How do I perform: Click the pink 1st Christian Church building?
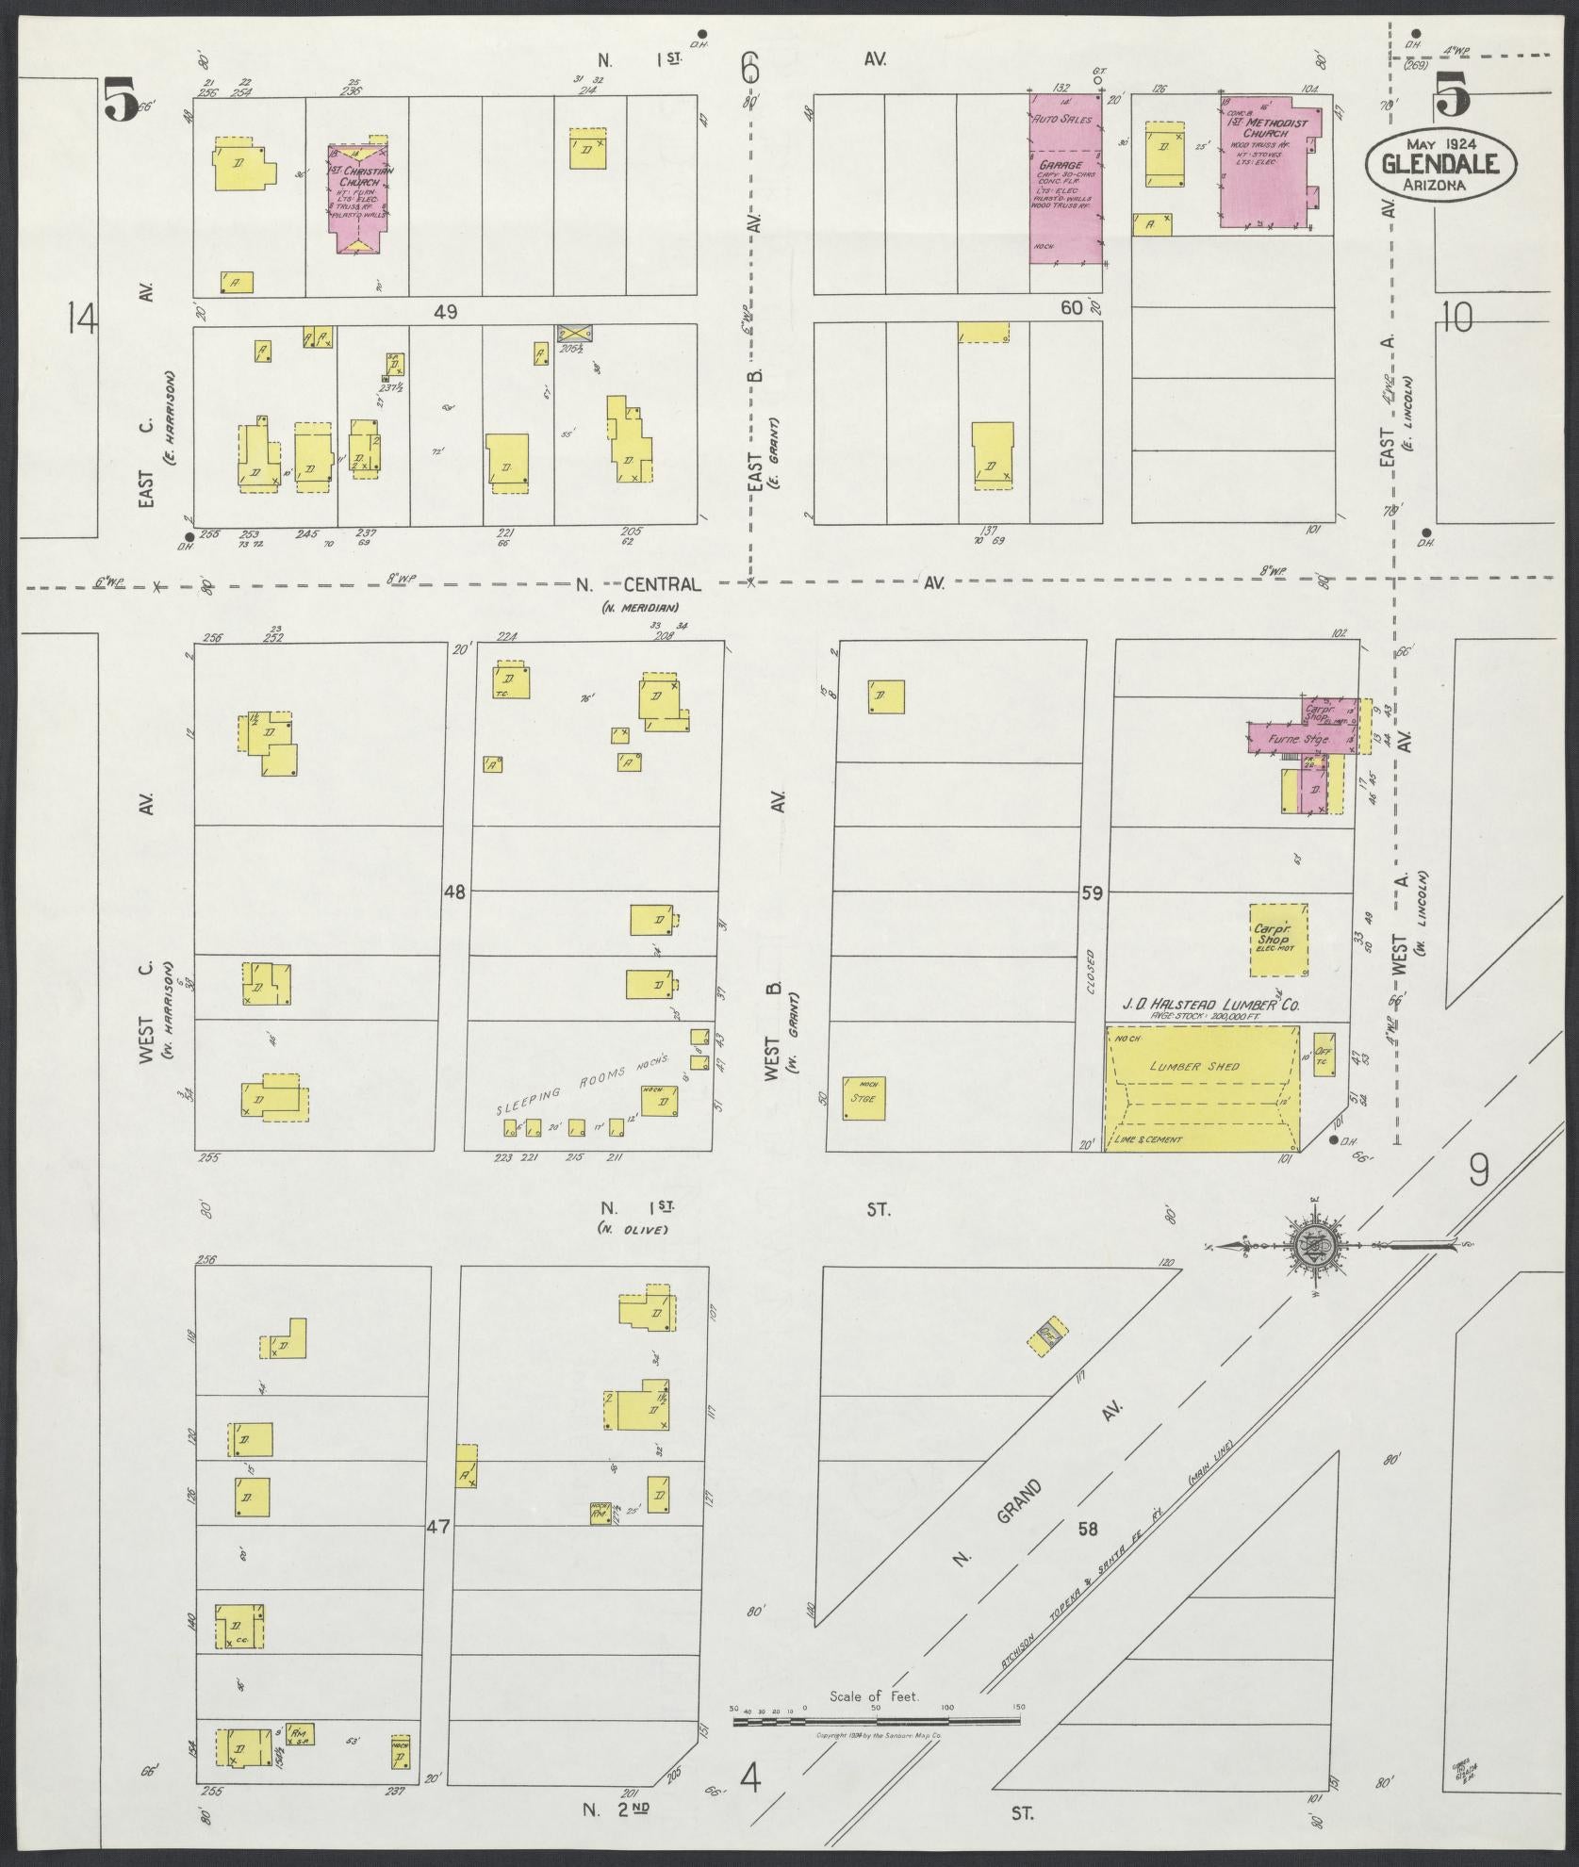click(x=358, y=196)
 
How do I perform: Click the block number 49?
click(x=445, y=312)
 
